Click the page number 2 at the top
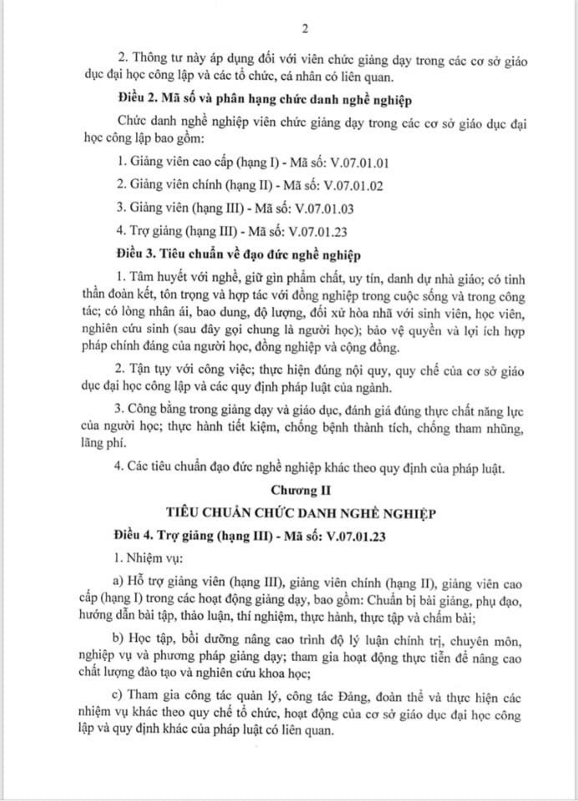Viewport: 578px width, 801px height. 305,29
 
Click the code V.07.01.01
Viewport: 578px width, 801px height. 360,163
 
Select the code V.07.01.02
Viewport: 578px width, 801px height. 353,186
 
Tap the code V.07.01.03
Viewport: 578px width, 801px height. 324,209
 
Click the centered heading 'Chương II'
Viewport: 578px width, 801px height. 301,490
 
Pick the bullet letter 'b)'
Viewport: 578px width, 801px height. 119,639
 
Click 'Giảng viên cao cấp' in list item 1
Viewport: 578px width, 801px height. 182,162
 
